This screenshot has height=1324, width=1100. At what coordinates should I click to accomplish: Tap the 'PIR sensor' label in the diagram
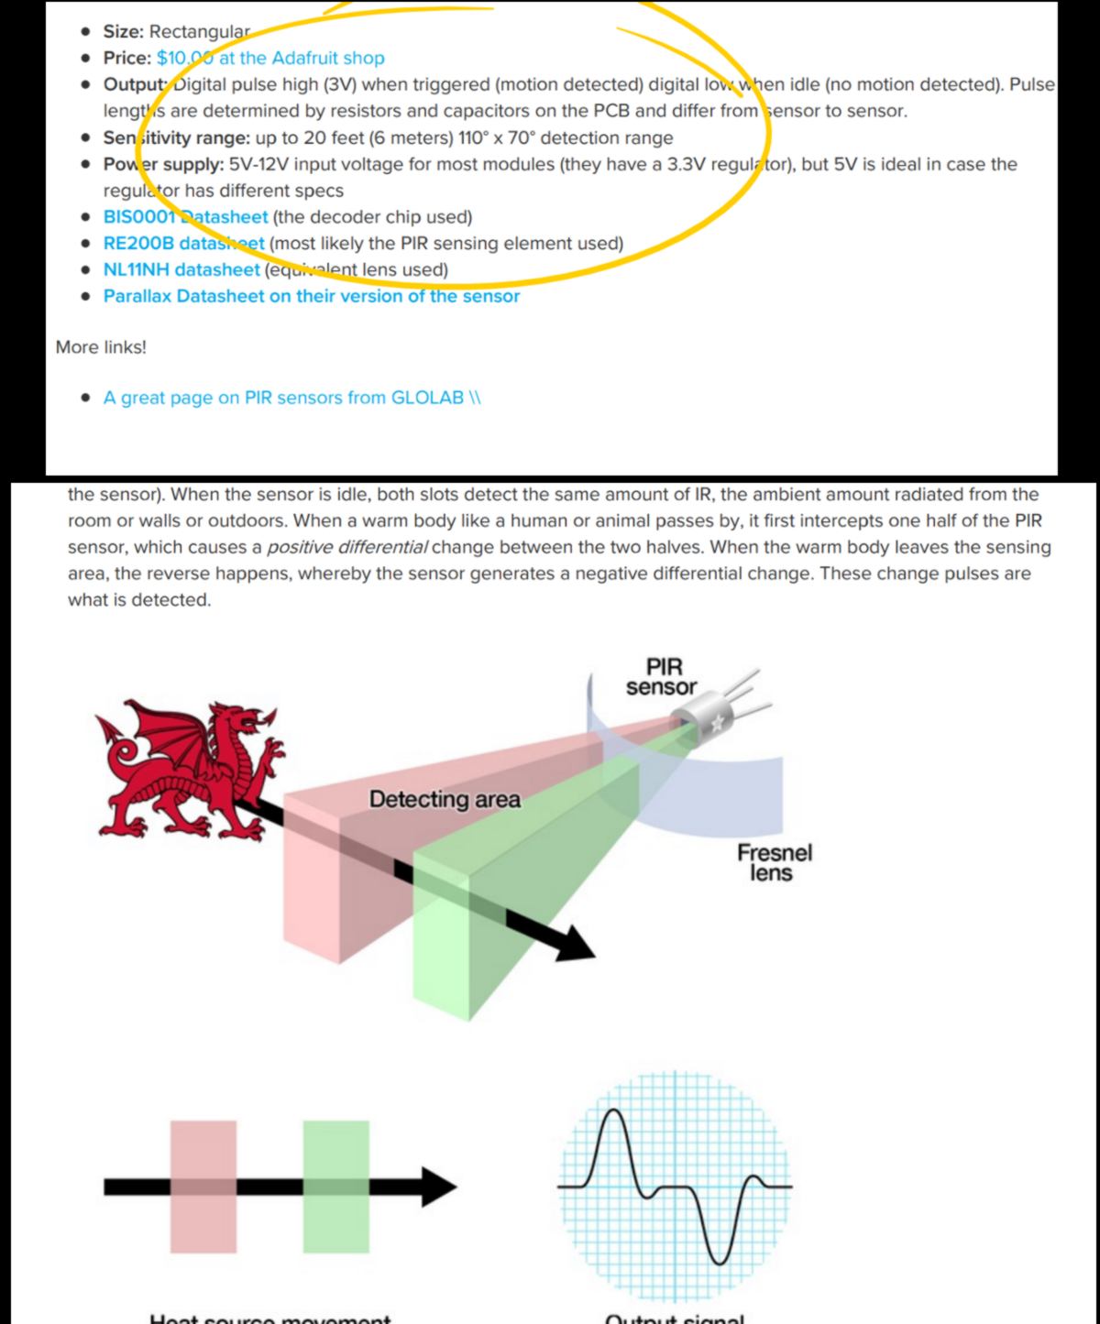tap(661, 676)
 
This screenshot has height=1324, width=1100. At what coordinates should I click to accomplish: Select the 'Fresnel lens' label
tap(774, 862)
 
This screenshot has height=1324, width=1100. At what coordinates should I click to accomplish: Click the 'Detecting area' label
tap(445, 799)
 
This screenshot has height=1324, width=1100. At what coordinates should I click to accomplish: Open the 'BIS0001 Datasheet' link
tap(185, 217)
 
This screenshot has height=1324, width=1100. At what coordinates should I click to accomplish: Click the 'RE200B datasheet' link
tap(183, 244)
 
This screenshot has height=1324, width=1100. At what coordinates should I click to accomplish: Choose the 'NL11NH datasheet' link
tap(181, 270)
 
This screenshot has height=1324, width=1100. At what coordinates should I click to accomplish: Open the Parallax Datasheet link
tap(311, 297)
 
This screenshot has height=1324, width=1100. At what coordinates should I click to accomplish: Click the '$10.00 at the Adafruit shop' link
tap(270, 58)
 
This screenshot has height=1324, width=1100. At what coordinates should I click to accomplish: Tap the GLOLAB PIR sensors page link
tap(291, 398)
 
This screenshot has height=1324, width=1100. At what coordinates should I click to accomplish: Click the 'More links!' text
tap(101, 347)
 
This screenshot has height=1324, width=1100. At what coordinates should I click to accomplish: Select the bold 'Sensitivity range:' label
tap(170, 138)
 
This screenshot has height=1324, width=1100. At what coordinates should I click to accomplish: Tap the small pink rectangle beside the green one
tap(203, 1187)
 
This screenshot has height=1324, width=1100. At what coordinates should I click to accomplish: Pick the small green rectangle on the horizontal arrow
tap(336, 1187)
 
